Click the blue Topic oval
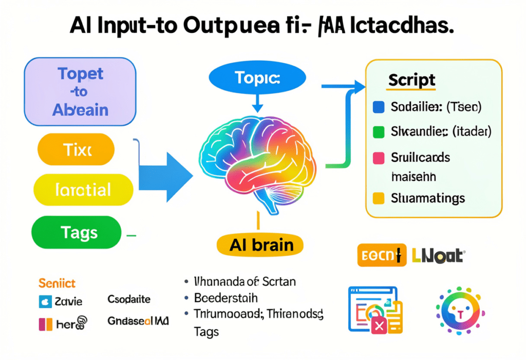click(x=257, y=79)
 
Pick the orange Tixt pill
click(x=76, y=149)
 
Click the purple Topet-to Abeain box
click(x=80, y=91)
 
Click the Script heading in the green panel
click(x=412, y=80)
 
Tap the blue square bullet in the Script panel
click(x=378, y=107)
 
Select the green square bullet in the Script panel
click(x=378, y=132)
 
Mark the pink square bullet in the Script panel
click(x=378, y=158)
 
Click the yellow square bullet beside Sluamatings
click(x=378, y=198)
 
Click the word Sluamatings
click(x=428, y=198)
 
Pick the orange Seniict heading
click(x=57, y=283)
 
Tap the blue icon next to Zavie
click(x=45, y=301)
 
